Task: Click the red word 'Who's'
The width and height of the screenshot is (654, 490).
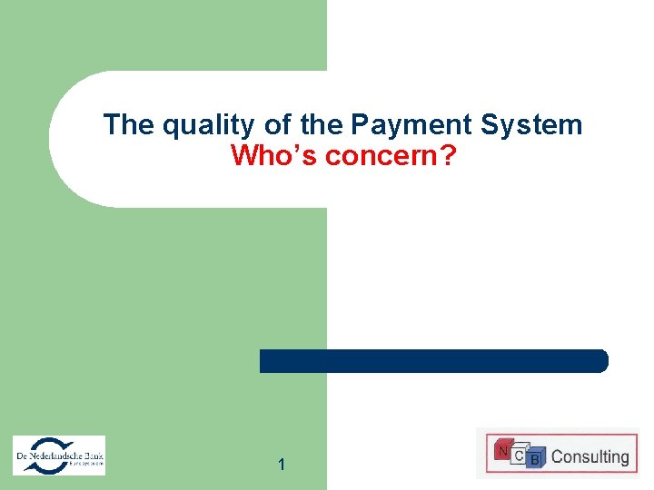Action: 273,156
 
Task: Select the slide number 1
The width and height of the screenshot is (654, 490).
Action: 282,465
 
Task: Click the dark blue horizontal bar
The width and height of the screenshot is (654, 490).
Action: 434,361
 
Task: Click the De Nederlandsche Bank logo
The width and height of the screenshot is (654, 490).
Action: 59,455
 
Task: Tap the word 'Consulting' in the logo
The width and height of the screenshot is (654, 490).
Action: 590,456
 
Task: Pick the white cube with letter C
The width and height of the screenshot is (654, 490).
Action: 519,455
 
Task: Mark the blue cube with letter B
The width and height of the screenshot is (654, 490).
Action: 535,460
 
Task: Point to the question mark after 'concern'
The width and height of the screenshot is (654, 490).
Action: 449,156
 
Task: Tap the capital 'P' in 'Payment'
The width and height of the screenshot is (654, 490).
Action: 359,124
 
